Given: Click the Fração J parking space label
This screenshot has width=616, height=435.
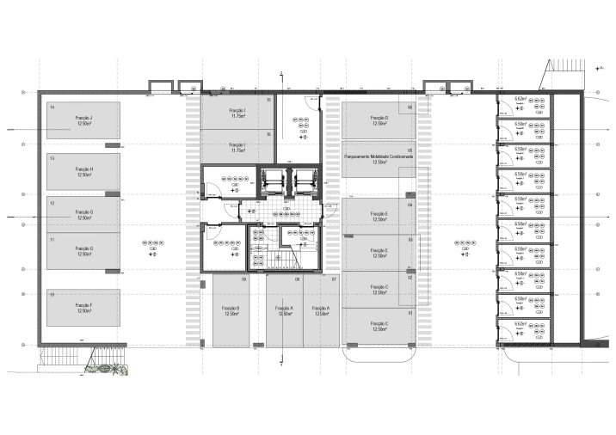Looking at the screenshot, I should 84,118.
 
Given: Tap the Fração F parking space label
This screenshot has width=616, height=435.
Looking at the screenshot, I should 84,306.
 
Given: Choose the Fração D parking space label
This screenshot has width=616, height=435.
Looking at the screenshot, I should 379,118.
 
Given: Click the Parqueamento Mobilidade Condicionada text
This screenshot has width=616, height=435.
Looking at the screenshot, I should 379,157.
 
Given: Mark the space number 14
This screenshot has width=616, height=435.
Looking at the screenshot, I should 52,107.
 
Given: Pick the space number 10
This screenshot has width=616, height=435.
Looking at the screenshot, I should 52,295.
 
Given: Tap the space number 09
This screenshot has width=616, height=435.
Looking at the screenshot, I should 243,279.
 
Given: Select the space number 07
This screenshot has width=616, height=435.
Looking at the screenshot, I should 334,279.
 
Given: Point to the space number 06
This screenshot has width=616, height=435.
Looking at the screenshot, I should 410,107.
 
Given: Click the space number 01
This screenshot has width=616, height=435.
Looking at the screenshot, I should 410,312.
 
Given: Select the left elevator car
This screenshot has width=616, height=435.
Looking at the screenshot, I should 274,181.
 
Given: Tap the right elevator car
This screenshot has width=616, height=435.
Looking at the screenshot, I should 305,181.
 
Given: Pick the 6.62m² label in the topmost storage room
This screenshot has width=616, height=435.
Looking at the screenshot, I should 521,100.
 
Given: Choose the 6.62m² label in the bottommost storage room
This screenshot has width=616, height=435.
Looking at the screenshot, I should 521,324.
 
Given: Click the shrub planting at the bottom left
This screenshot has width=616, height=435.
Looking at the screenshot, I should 105,370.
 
